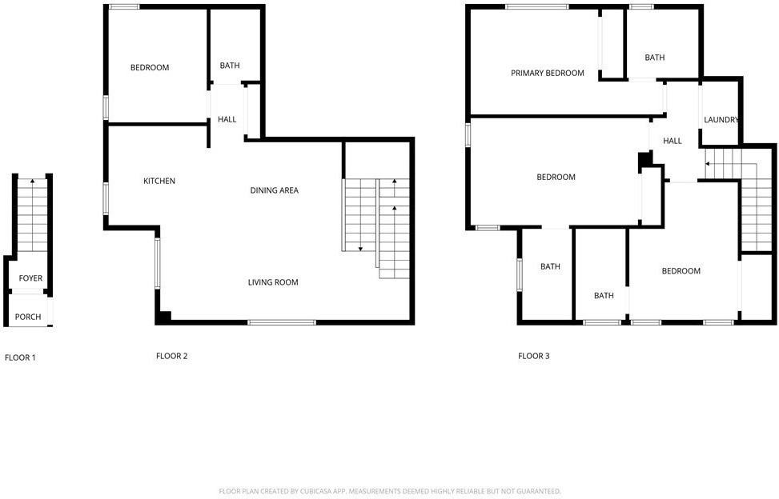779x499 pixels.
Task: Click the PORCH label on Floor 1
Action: [28, 317]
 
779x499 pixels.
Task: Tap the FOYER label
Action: [30, 278]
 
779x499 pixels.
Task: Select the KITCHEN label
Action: [159, 181]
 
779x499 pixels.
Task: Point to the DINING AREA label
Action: [275, 190]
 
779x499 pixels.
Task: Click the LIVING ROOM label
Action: [273, 282]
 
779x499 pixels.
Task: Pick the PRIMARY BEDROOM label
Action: [548, 74]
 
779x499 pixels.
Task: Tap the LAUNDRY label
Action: [721, 120]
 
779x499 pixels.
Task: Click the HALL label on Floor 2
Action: [227, 120]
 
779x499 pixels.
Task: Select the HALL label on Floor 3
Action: [673, 141]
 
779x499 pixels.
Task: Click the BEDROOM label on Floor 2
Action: [150, 68]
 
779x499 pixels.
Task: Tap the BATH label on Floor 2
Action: [230, 66]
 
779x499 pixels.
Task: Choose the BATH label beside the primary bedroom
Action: [655, 58]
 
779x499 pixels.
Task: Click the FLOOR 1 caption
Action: [20, 357]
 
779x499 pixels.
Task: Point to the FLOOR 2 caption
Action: [171, 356]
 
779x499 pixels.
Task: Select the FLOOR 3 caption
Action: [534, 356]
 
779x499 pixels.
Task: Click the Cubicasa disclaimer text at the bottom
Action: [390, 491]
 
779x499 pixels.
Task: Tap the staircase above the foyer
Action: [32, 216]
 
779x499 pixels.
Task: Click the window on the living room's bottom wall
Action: [281, 322]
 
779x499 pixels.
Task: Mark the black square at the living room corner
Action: [163, 317]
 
